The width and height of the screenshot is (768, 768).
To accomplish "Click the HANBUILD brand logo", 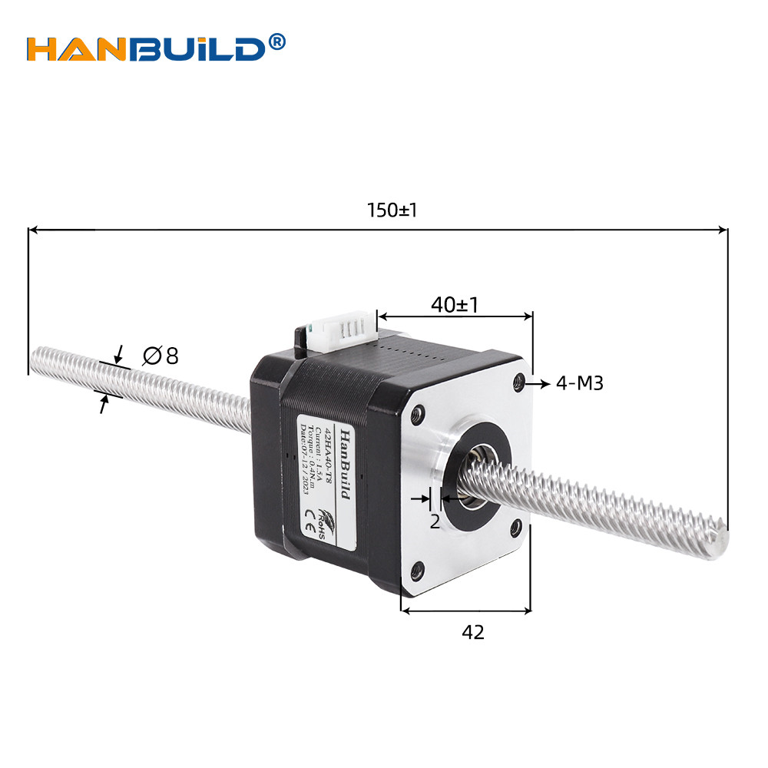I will coord(146,48).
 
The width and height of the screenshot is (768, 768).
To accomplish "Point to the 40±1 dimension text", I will coord(455,305).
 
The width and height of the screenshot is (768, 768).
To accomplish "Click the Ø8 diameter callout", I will coord(161,356).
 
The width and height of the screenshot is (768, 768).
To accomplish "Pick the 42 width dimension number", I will coord(473,632).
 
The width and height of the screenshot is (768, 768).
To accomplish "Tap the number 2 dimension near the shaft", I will coord(435,522).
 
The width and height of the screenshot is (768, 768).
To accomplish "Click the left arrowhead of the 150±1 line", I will coord(32,229).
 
